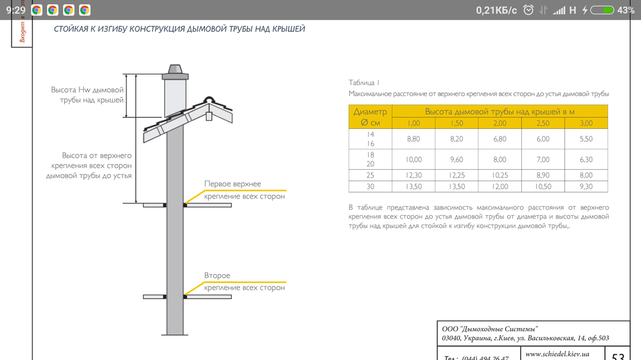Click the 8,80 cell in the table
pos(413,139)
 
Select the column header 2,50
pos(543,123)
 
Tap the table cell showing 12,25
pos(456,175)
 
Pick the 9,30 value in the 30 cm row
pos(586,186)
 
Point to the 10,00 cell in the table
pos(413,160)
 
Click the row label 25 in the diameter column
pos(370,175)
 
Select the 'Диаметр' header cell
pos(370,111)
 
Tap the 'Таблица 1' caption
pos(364,83)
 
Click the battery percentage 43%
pos(626,10)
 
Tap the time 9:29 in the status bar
pos(16,10)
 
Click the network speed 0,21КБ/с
pos(496,10)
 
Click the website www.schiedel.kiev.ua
pos(557,354)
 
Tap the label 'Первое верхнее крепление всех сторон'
pos(244,190)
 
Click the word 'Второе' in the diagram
pos(217,275)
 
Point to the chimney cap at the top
pos(174,70)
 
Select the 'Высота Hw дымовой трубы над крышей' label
pos(87,95)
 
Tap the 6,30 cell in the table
pos(586,160)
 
